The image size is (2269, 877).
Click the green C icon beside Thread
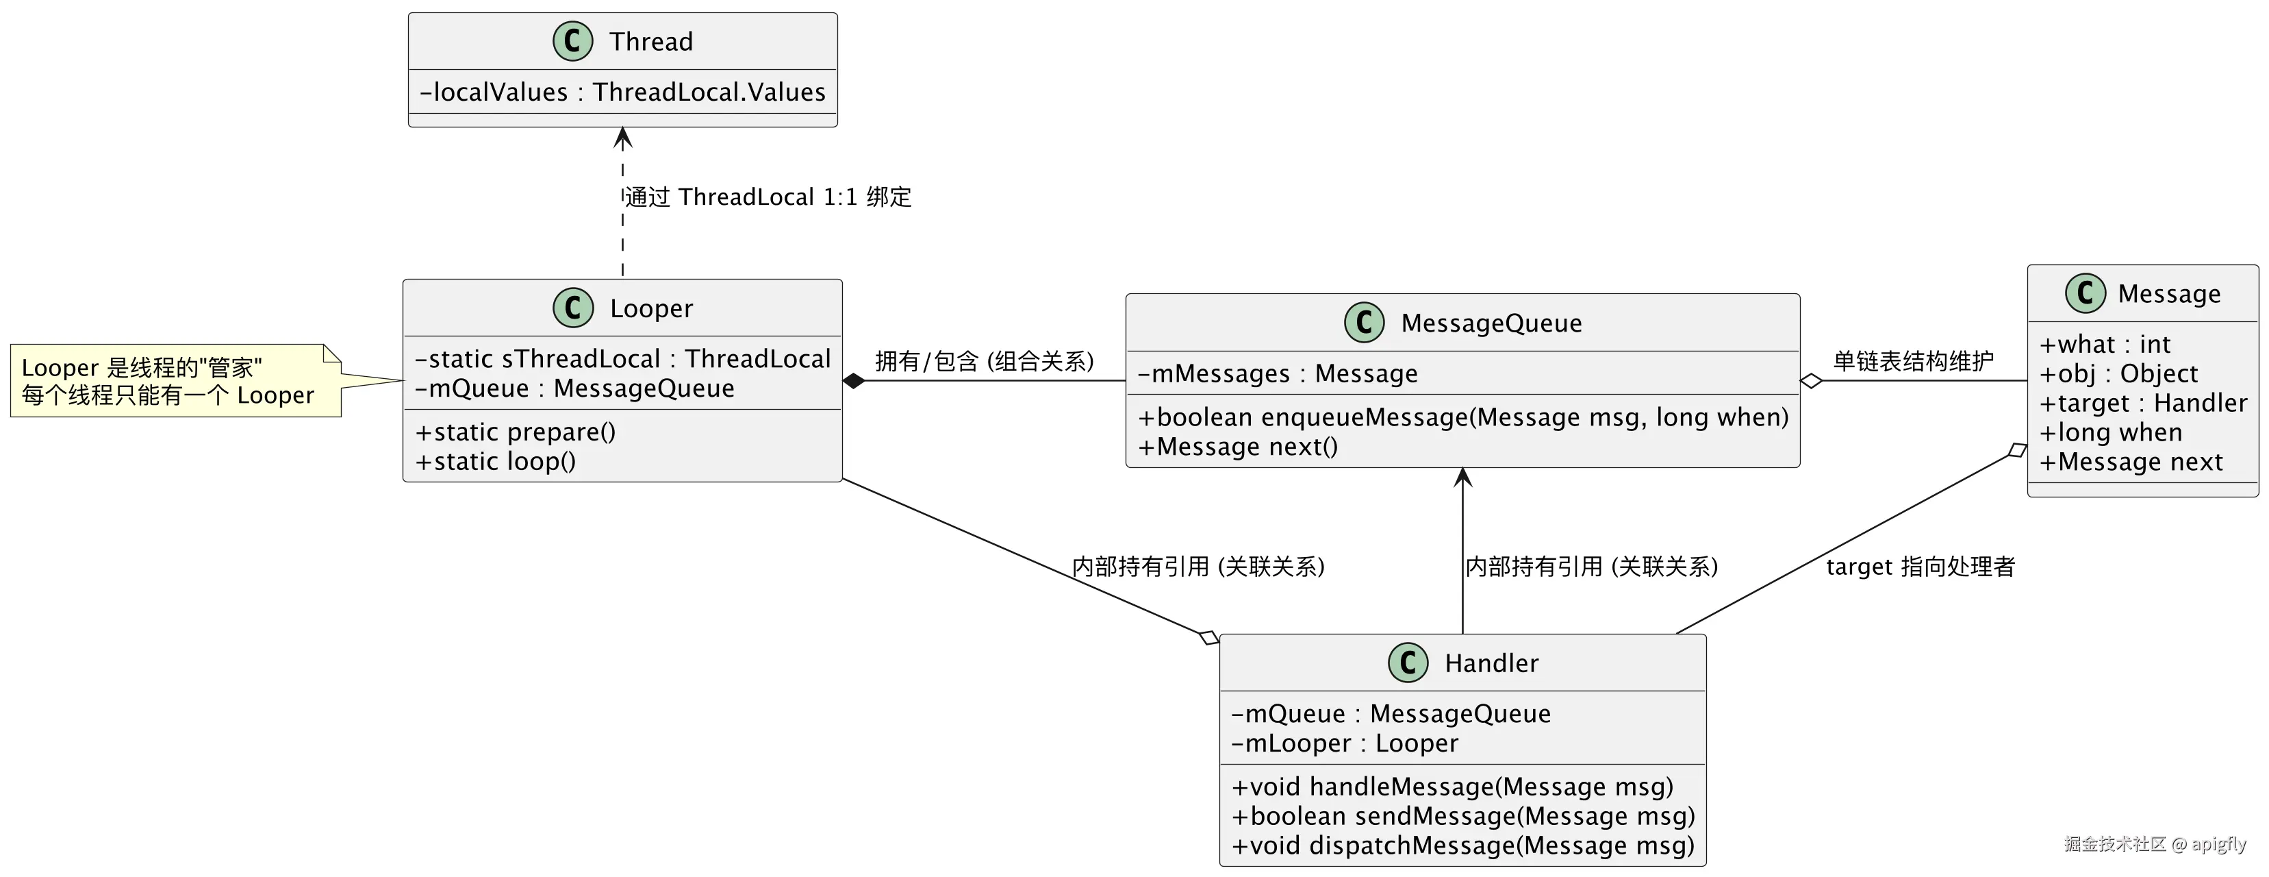(572, 41)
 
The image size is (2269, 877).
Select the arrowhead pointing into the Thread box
(623, 138)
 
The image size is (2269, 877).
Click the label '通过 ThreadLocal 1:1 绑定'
(768, 197)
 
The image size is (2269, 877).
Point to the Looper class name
(651, 308)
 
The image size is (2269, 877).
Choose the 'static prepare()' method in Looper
(516, 432)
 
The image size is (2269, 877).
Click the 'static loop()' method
(495, 462)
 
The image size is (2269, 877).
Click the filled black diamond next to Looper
(852, 382)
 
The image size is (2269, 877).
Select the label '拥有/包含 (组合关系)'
(984, 361)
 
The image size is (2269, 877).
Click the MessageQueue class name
(1491, 323)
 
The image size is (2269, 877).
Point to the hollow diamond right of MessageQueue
(1811, 382)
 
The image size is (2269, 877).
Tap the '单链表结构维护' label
(1913, 361)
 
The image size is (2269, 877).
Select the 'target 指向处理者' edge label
(1921, 567)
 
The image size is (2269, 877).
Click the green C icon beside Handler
(1408, 663)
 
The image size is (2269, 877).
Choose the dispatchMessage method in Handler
(1462, 846)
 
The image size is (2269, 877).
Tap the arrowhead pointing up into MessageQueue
(1463, 478)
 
